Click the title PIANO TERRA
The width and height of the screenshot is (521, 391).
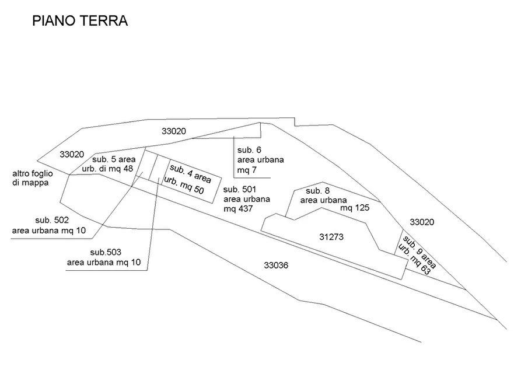[x=80, y=22]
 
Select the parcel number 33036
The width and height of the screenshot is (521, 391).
[x=277, y=265]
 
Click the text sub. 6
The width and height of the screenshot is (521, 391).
[x=249, y=149]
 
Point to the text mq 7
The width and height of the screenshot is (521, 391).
[x=246, y=170]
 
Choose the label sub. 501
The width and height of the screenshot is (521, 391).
[x=240, y=189]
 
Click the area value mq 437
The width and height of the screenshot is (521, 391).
[x=238, y=208]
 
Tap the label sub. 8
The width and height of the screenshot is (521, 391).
[x=318, y=191]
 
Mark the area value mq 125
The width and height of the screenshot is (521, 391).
[x=355, y=207]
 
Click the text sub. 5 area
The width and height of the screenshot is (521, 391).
[x=114, y=159]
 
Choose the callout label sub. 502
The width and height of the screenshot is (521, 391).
[x=52, y=220]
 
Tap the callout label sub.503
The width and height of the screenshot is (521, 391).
[x=106, y=252]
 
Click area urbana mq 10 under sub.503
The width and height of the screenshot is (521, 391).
[x=104, y=263]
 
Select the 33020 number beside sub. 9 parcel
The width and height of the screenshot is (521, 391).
[x=422, y=222]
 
